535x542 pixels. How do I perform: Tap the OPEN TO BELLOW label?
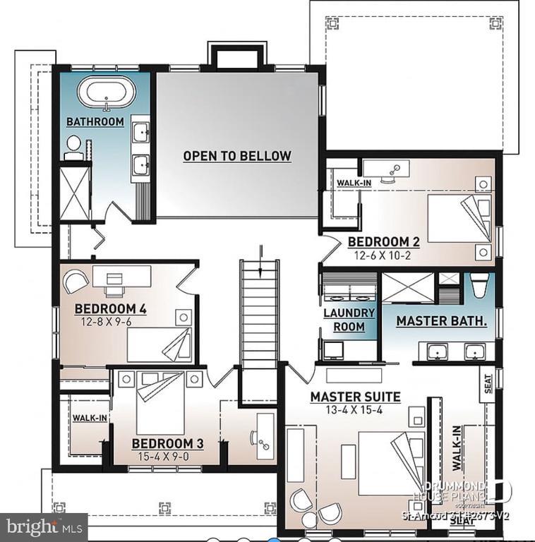point(237,156)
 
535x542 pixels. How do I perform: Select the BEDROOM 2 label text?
point(384,242)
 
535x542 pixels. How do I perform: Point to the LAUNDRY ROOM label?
point(344,320)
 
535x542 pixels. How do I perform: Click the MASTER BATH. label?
point(442,321)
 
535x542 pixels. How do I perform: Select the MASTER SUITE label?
point(355,397)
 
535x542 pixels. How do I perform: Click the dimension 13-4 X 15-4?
point(355,410)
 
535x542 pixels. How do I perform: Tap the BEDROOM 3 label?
point(168,443)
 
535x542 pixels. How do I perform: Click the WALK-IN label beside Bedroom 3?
point(90,418)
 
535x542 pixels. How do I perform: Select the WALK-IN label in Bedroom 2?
point(354,183)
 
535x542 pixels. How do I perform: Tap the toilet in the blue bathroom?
point(73,145)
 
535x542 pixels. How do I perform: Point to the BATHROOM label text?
point(95,122)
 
